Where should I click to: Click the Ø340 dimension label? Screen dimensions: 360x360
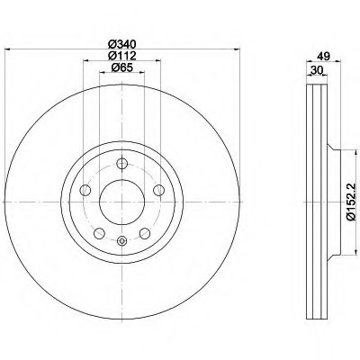click(x=121, y=44)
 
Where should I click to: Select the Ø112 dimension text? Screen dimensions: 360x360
click(x=121, y=55)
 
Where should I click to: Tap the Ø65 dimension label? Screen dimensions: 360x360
click(x=121, y=67)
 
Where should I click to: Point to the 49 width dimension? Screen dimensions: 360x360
click(x=323, y=56)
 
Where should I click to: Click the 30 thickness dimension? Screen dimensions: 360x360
click(x=317, y=70)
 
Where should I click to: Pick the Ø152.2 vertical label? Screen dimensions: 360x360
click(x=351, y=202)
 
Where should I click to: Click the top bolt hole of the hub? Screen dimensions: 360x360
click(x=121, y=164)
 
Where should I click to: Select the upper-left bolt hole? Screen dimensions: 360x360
click(x=85, y=190)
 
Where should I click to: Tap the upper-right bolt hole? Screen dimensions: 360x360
click(x=158, y=190)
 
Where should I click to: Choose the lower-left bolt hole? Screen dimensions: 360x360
click(x=99, y=233)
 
